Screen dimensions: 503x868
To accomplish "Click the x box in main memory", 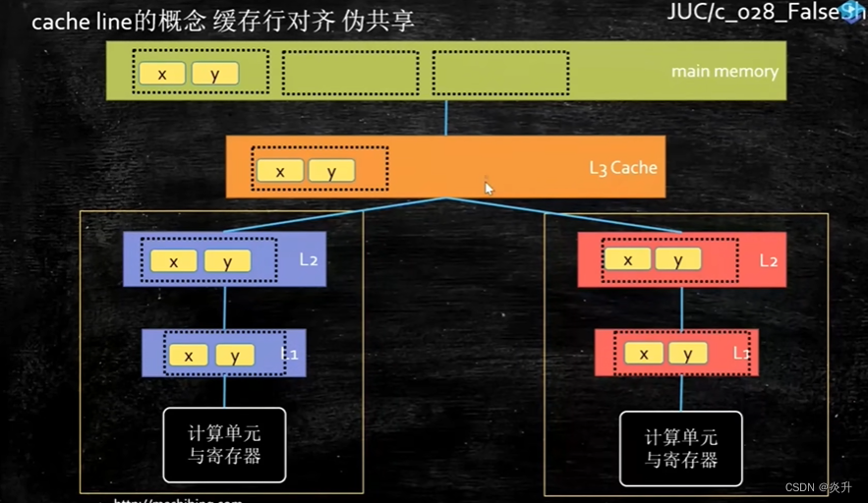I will pyautogui.click(x=162, y=74).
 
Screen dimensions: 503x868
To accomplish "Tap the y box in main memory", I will pyautogui.click(x=215, y=74).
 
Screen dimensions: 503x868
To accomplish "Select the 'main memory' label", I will pyautogui.click(x=724, y=72).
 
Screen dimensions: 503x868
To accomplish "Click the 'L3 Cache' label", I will pyautogui.click(x=622, y=167).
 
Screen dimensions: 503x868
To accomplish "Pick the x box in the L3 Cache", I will pyautogui.click(x=280, y=171).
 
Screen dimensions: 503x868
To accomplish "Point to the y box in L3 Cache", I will pyautogui.click(x=331, y=171).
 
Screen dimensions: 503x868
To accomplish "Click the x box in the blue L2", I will pyautogui.click(x=174, y=261).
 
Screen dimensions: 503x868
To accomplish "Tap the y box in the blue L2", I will pyautogui.click(x=227, y=261).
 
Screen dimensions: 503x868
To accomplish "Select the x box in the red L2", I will pyautogui.click(x=627, y=259).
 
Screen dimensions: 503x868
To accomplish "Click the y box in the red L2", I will pyautogui.click(x=678, y=259).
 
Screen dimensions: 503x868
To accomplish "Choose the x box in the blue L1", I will pyautogui.click(x=188, y=355).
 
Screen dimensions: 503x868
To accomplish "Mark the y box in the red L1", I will pyautogui.click(x=688, y=354).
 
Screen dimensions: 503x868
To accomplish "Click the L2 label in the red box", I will pyautogui.click(x=769, y=261).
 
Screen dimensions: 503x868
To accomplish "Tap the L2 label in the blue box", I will pyautogui.click(x=308, y=260).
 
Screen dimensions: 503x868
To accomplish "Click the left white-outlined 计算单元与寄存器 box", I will pyautogui.click(x=224, y=445).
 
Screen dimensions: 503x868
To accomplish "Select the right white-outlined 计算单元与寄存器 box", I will pyautogui.click(x=681, y=449).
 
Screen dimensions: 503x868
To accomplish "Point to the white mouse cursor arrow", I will pyautogui.click(x=489, y=188).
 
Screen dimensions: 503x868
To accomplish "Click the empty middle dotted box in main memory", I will pyautogui.click(x=350, y=73).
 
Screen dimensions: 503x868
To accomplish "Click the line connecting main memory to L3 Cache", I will pyautogui.click(x=446, y=117).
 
